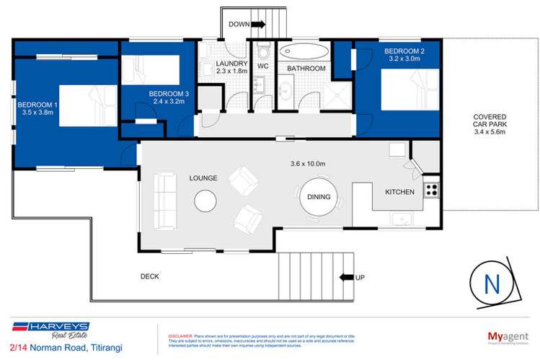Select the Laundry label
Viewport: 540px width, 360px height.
click(x=231, y=63)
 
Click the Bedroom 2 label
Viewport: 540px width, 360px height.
click(x=404, y=51)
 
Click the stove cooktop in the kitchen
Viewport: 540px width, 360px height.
click(x=431, y=190)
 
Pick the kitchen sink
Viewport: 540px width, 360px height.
click(x=398, y=219)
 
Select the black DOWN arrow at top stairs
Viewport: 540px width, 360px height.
click(x=258, y=24)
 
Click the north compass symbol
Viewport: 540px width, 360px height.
click(x=493, y=284)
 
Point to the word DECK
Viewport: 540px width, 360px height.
click(x=150, y=276)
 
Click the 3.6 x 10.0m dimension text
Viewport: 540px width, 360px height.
click(x=304, y=163)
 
